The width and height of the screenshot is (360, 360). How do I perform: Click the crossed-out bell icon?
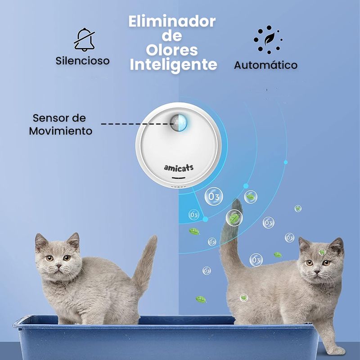coord(84,40)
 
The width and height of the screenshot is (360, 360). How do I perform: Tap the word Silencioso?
coord(82,61)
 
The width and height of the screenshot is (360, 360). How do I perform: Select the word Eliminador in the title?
coord(172,21)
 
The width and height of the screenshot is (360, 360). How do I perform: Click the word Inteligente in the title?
coord(173,65)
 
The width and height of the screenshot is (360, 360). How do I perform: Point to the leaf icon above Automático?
coord(269,39)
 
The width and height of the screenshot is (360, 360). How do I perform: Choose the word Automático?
coord(265,65)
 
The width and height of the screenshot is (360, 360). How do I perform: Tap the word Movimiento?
coord(61,131)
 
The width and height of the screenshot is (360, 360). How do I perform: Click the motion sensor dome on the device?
coord(179,123)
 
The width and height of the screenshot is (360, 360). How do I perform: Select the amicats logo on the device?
coord(179,168)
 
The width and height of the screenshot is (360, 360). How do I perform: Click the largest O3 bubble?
coord(214,196)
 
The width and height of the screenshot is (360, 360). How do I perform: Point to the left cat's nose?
coord(59,266)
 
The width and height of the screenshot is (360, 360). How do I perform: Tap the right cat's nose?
coord(317,272)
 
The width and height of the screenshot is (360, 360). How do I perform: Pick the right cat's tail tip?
coord(237,203)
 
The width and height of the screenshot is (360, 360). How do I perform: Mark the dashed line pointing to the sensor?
coord(137,124)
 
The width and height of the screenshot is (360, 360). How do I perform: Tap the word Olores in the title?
coord(172,50)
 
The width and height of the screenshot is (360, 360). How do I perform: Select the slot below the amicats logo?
coord(178,178)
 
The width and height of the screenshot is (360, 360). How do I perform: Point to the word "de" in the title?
coord(172,36)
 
